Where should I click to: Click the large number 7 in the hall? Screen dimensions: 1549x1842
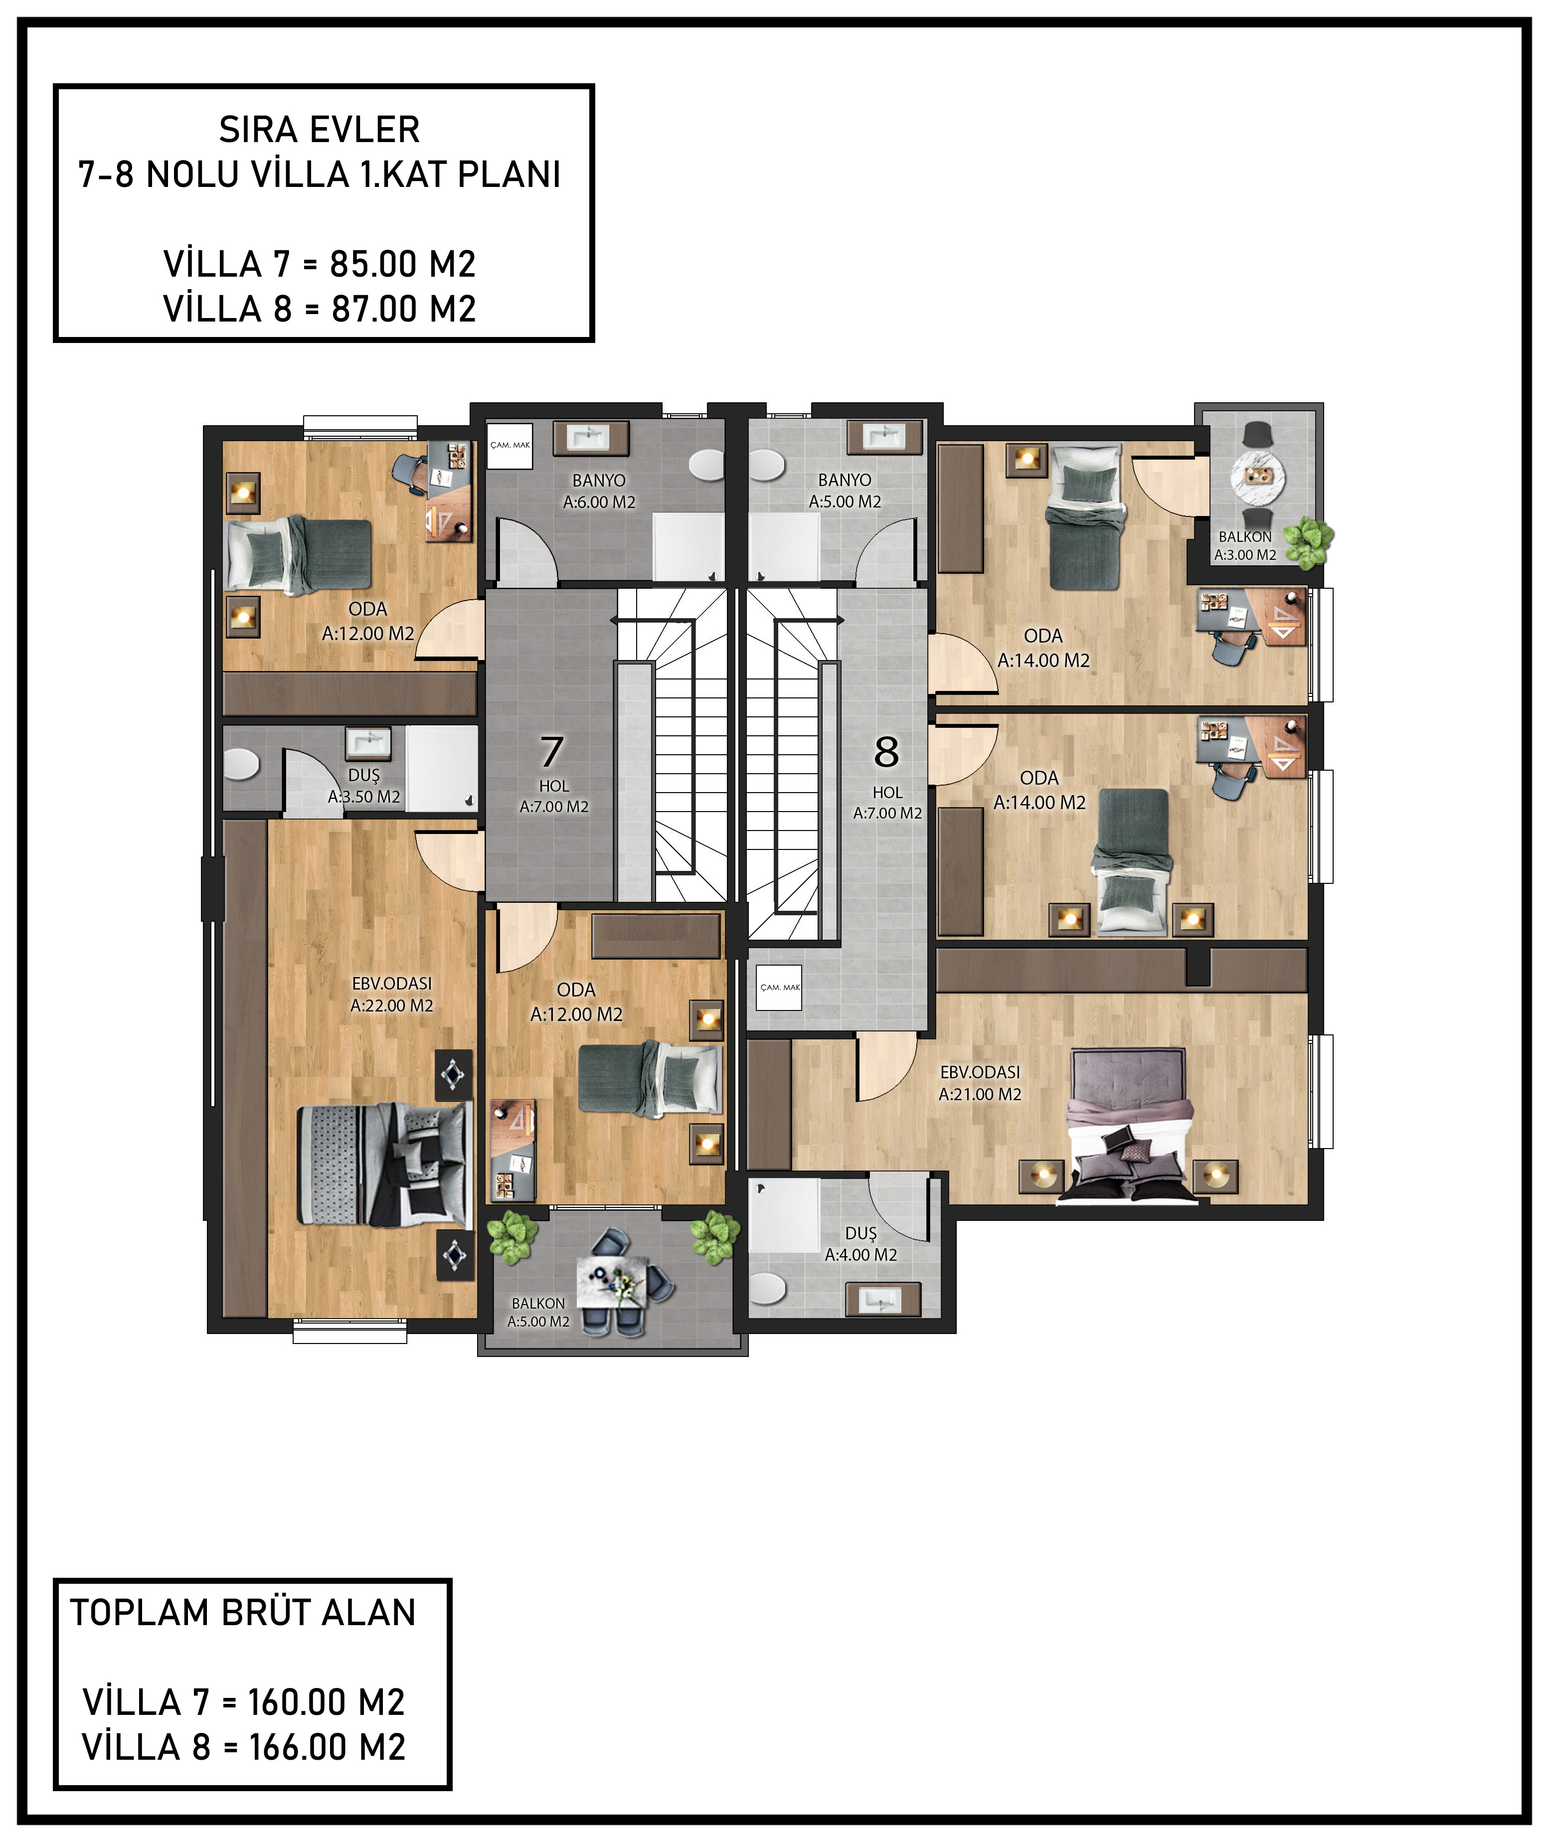click(551, 752)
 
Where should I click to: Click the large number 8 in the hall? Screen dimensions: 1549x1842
click(886, 752)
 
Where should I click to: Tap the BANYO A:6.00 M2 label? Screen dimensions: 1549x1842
click(599, 492)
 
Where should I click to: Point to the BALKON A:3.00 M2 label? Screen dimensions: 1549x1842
click(1245, 546)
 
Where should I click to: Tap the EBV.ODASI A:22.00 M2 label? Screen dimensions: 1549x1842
click(392, 995)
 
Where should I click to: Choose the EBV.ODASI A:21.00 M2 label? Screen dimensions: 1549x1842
click(980, 1083)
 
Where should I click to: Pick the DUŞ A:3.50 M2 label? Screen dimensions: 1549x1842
click(363, 786)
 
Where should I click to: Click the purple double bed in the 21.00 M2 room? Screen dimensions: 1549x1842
click(1128, 1124)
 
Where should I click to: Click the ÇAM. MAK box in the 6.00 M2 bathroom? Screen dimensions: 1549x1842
click(510, 445)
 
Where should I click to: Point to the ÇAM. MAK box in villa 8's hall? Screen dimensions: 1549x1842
click(780, 987)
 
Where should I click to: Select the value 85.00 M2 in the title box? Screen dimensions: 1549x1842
click(403, 263)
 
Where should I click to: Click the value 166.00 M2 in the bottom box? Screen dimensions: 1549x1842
click(327, 1747)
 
